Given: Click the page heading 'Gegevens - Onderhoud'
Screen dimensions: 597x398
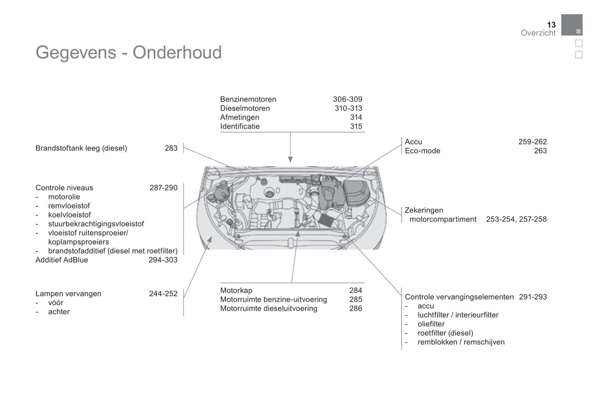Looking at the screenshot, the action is click(x=128, y=52).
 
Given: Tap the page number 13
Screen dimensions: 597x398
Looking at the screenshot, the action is click(x=551, y=25).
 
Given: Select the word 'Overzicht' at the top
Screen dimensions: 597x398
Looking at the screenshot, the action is click(x=538, y=33).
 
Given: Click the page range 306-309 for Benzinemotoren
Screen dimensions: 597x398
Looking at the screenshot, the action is click(x=347, y=99).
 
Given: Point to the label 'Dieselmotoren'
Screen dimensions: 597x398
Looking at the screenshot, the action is click(x=245, y=108).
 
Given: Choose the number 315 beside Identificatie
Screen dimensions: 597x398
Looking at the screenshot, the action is click(x=356, y=126).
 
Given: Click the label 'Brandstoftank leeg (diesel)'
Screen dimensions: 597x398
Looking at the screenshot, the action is click(x=81, y=148).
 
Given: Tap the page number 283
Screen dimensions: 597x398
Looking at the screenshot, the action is click(x=171, y=148).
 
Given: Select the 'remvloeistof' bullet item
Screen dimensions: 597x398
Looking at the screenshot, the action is click(x=69, y=206).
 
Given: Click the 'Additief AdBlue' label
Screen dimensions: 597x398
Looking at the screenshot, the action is click(x=62, y=260).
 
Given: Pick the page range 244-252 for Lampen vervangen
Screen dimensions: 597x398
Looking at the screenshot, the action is click(x=163, y=294).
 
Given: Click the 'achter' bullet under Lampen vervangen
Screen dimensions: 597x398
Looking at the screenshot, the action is click(x=59, y=312).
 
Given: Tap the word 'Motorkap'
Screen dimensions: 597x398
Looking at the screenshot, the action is click(x=236, y=290).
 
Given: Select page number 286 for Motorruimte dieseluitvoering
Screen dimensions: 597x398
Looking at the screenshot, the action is click(x=356, y=308).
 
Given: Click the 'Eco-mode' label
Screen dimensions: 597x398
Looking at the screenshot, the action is click(x=422, y=151).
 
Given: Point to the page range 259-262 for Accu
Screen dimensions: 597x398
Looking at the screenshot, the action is click(x=533, y=142).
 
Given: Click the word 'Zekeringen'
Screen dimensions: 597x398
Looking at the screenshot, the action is click(x=424, y=210).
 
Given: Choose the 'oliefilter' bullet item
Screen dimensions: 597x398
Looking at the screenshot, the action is click(x=431, y=324).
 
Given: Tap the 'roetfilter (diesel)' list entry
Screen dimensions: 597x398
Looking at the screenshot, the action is click(x=445, y=333).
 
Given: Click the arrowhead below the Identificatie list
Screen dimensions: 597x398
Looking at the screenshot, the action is click(x=290, y=160).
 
